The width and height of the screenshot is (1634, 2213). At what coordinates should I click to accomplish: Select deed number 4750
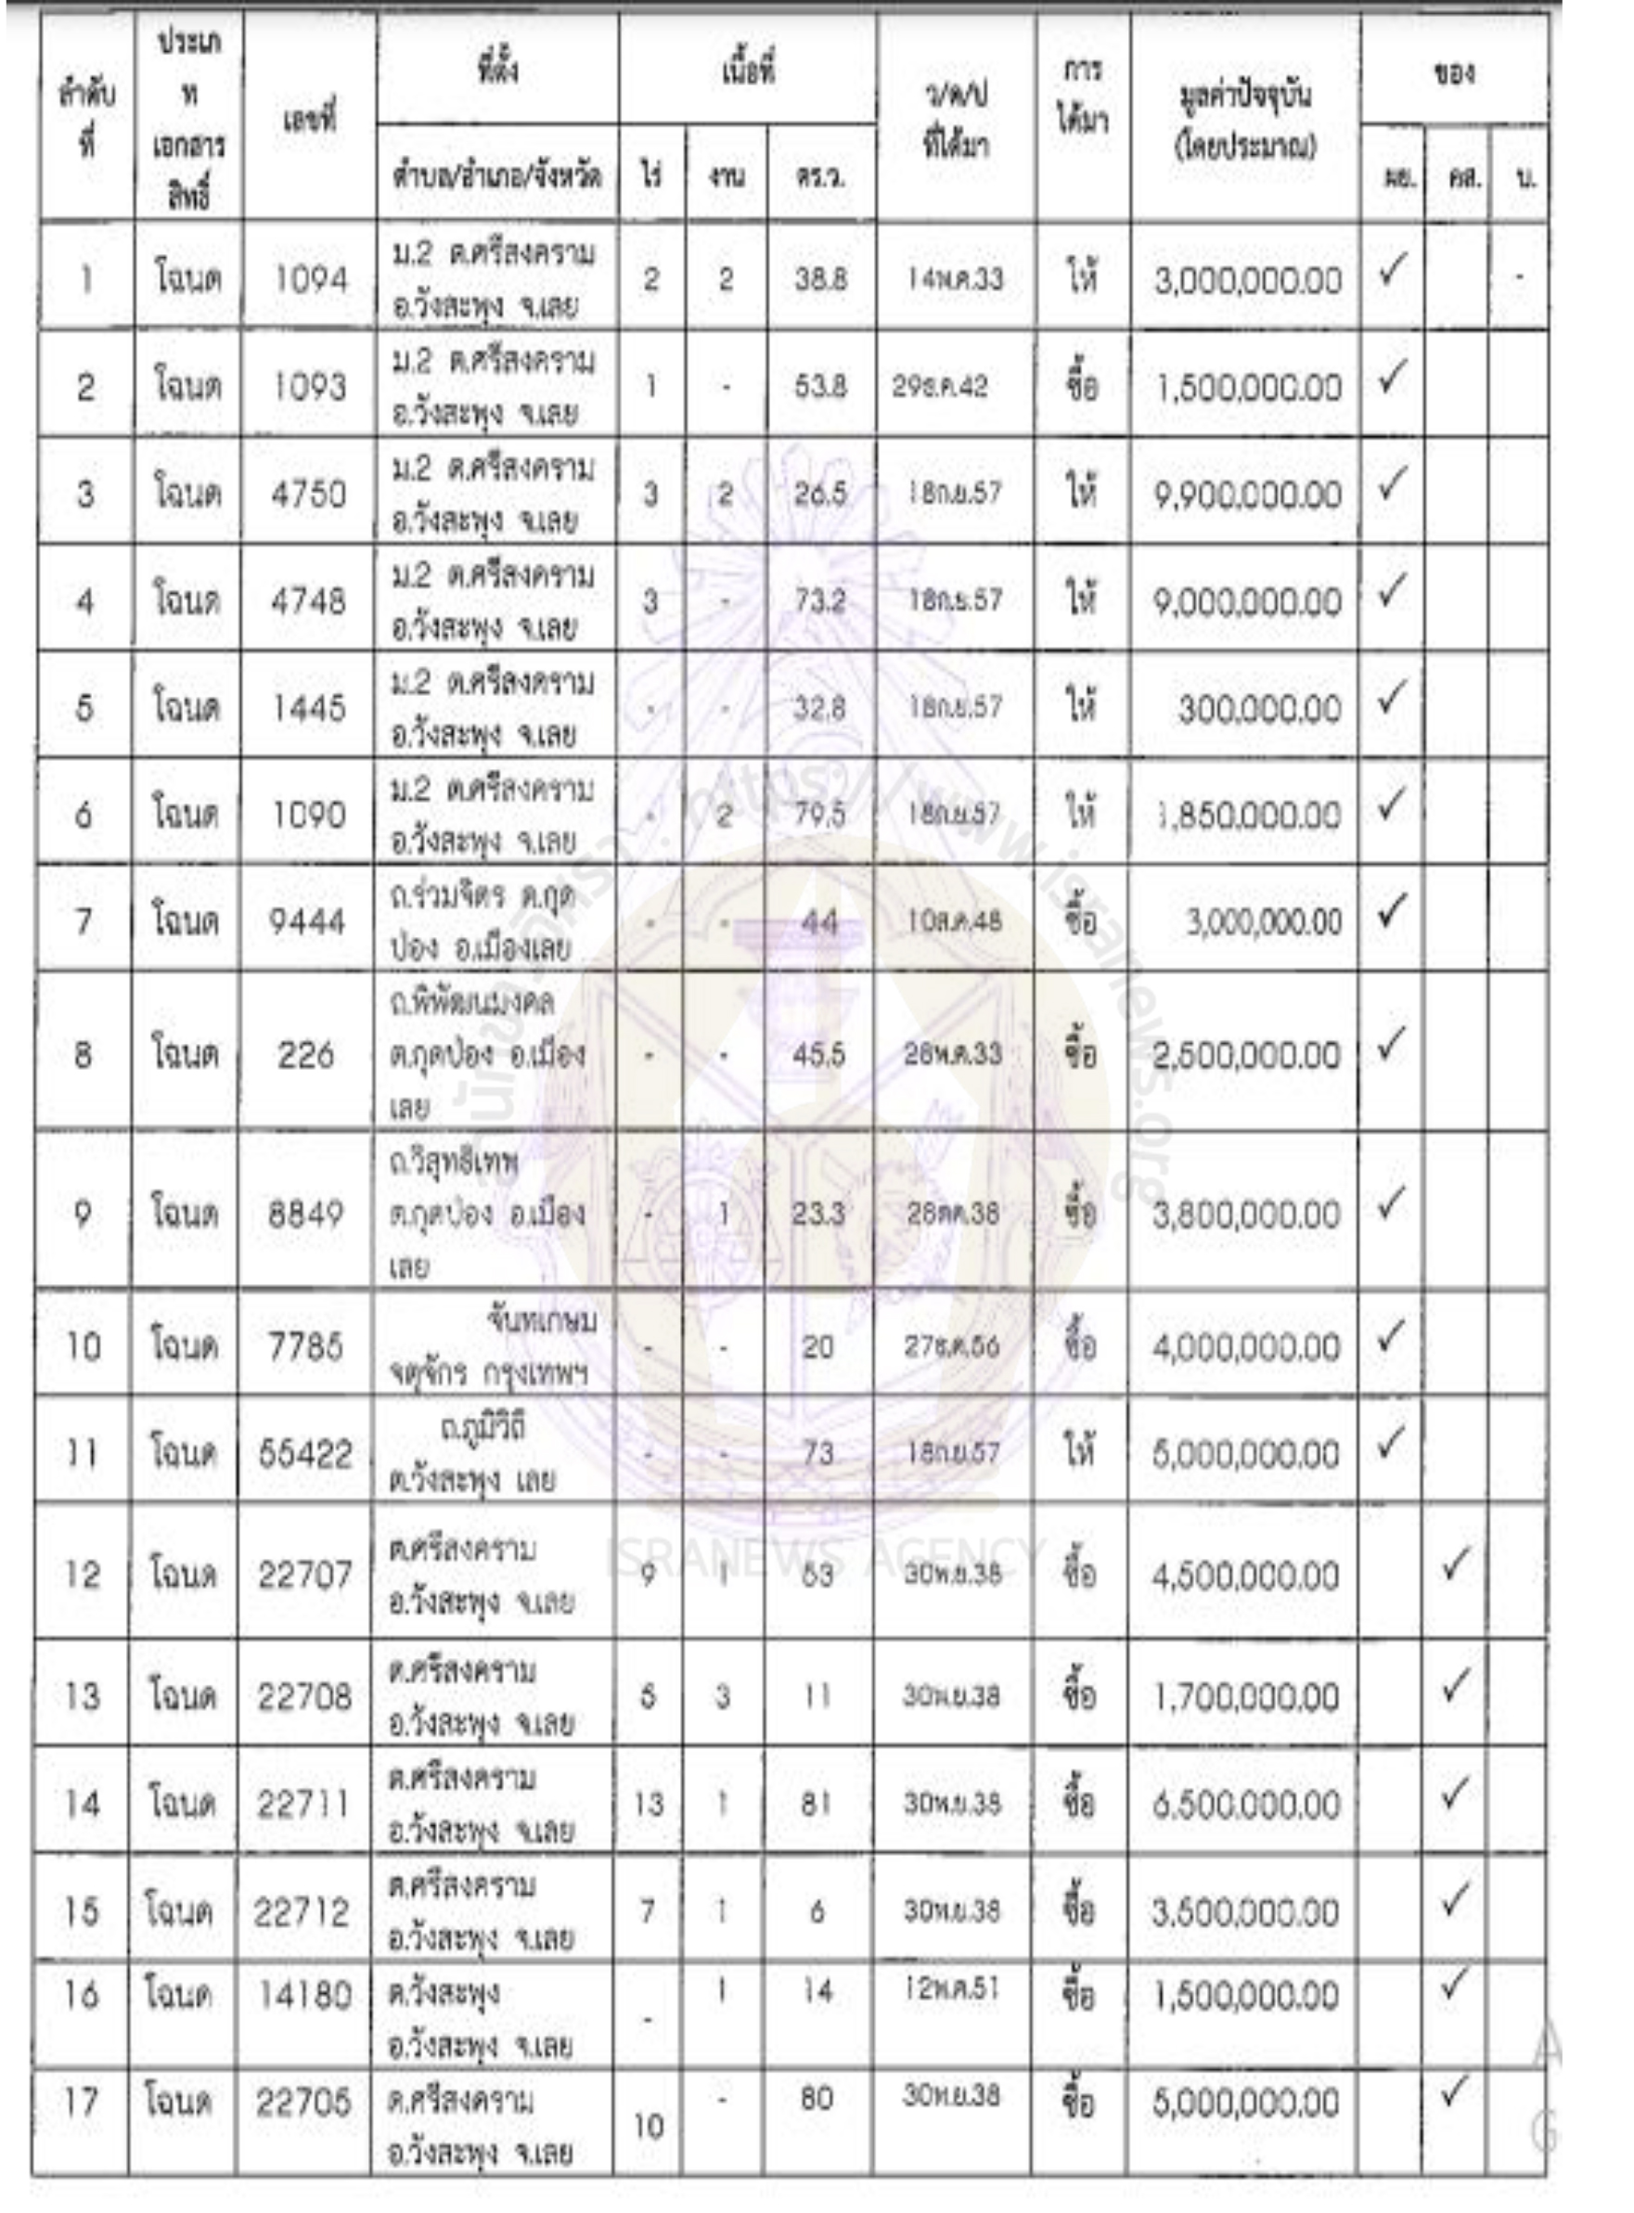(x=309, y=494)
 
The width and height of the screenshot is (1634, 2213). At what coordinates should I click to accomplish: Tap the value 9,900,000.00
(x=1247, y=495)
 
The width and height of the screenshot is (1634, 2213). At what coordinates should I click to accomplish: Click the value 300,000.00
(x=1259, y=709)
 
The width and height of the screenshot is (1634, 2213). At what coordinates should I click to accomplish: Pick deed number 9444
(x=308, y=922)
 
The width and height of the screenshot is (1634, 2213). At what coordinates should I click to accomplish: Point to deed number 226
(x=305, y=1055)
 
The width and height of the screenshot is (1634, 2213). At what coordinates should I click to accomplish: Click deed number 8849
(x=306, y=1214)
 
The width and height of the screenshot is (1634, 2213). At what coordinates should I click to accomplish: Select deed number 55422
(x=305, y=1454)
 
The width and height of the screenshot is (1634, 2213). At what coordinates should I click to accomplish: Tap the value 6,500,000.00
(x=1245, y=1805)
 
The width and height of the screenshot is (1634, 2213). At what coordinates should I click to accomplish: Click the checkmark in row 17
(x=1453, y=2090)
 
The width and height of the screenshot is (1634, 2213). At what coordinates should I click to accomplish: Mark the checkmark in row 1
(x=1392, y=270)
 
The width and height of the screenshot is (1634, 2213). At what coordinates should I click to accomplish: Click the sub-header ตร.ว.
(x=820, y=178)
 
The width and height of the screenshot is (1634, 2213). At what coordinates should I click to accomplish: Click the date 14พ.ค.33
(x=955, y=279)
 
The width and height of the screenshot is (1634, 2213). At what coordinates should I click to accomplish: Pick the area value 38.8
(x=820, y=279)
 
